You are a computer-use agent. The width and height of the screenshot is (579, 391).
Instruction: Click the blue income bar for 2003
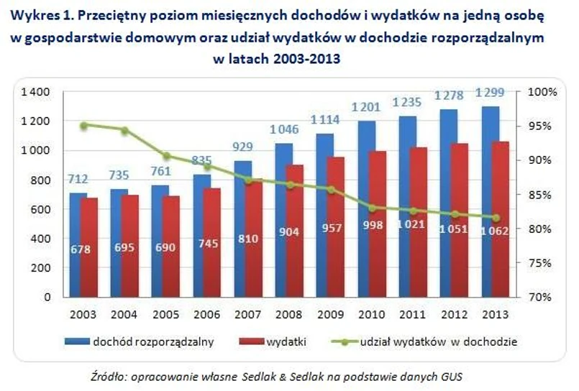[78, 244]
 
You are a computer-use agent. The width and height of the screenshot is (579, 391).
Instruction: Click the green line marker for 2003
[83, 125]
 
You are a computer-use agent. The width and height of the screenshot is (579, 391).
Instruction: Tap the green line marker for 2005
[166, 156]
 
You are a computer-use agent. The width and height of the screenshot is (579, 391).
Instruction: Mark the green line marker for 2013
[495, 218]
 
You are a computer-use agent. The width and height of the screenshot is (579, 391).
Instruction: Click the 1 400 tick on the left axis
[35, 92]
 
